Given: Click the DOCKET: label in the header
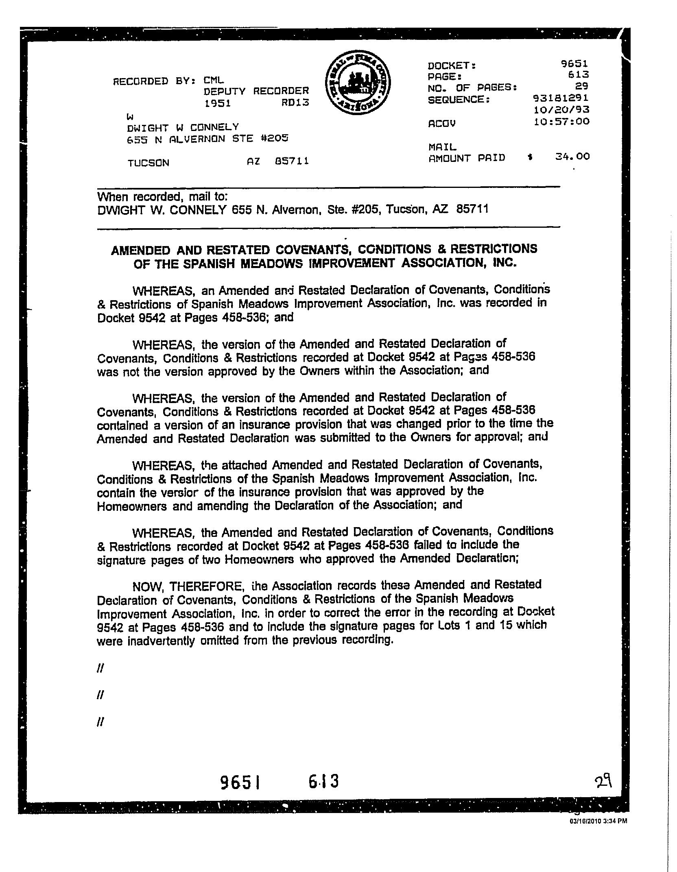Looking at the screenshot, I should pyautogui.click(x=452, y=65).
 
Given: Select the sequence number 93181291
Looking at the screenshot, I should pyautogui.click(x=561, y=98).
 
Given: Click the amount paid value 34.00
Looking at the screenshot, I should pyautogui.click(x=572, y=157).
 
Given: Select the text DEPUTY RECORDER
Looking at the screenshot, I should pyautogui.click(x=256, y=91).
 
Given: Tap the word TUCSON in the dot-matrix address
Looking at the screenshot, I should pyautogui.click(x=148, y=163).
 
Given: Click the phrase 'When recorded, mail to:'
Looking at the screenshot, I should pyautogui.click(x=162, y=197).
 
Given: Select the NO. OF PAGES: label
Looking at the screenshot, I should pyautogui.click(x=472, y=87).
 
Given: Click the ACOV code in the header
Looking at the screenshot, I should pyautogui.click(x=442, y=123).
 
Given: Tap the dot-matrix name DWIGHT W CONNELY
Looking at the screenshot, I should pyautogui.click(x=183, y=127).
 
